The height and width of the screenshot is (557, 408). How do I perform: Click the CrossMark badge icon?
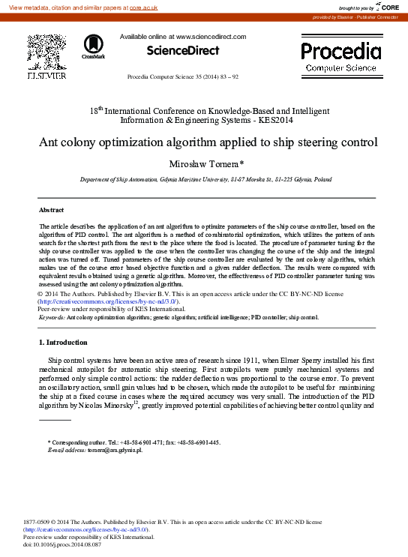pyautogui.click(x=94, y=47)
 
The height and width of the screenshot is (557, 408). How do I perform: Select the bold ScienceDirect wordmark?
pyautogui.click(x=183, y=50)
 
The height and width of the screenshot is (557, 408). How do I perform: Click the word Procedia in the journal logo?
pyautogui.click(x=340, y=51)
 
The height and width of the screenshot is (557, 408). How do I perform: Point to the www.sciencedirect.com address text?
pyautogui.click(x=211, y=36)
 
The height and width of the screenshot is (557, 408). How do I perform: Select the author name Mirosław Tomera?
pyautogui.click(x=205, y=163)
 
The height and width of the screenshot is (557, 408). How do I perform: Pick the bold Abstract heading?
pyautogui.click(x=52, y=211)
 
